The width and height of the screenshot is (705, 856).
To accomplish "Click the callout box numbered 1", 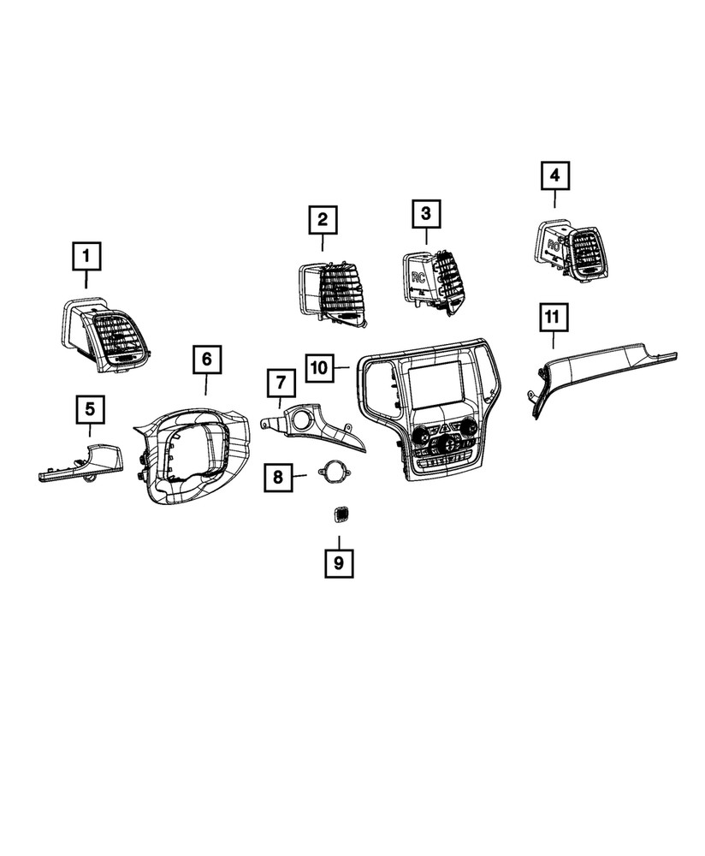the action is [x=86, y=256].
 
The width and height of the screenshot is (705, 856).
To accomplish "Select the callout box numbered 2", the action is [x=323, y=219].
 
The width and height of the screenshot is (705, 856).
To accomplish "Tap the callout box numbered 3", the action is [x=425, y=213].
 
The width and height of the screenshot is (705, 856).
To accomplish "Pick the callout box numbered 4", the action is [x=555, y=175].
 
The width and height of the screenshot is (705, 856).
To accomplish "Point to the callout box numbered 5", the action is [x=90, y=409].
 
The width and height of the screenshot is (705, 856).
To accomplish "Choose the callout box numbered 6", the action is [x=206, y=360].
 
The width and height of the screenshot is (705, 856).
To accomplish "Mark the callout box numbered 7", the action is [x=281, y=383].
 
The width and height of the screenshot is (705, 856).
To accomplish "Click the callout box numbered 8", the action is [x=278, y=477].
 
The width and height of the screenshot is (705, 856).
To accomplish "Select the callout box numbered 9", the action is [x=339, y=563].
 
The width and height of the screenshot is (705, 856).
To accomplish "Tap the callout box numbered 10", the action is [x=320, y=367].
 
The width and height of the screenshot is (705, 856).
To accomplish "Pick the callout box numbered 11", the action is [x=554, y=318].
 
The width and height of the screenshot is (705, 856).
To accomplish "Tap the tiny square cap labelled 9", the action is [x=341, y=513].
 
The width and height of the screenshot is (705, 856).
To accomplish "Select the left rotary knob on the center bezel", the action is [x=420, y=435].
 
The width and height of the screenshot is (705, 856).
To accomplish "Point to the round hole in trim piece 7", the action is [x=301, y=419].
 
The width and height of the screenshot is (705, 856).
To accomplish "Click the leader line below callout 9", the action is [x=339, y=542].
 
